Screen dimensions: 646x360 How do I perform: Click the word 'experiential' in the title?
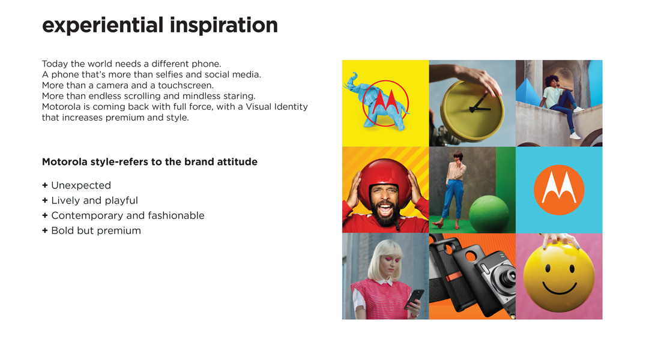pyautogui.click(x=103, y=26)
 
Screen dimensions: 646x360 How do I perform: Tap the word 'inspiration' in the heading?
pyautogui.click(x=224, y=26)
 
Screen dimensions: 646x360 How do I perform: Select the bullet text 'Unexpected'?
pyautogui.click(x=81, y=185)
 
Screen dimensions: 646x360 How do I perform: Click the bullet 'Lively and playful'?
pyautogui.click(x=94, y=200)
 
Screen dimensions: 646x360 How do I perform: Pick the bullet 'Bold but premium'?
pyautogui.click(x=96, y=230)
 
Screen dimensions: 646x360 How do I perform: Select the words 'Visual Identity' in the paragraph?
pyautogui.click(x=277, y=107)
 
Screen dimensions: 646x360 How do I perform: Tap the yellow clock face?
pyautogui.click(x=472, y=109)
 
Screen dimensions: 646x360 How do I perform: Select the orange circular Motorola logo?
pyautogui.click(x=559, y=190)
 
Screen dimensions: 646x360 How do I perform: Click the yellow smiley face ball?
pyautogui.click(x=559, y=277)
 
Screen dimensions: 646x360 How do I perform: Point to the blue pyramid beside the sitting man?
pyautogui.click(x=528, y=92)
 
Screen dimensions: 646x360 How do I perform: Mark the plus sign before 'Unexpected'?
pyautogui.click(x=45, y=185)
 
